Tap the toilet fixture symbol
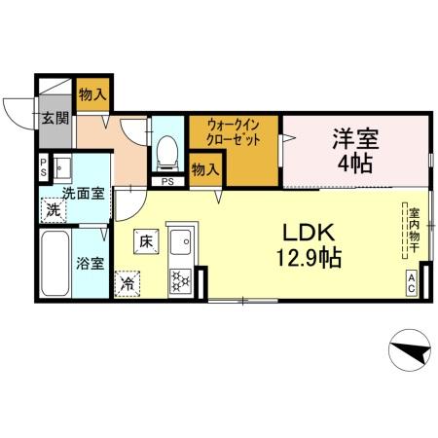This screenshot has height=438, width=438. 166,149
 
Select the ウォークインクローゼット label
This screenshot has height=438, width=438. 234,130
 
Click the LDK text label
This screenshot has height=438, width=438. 310,234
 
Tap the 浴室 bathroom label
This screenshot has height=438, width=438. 91,263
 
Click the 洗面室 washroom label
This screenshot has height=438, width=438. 84,193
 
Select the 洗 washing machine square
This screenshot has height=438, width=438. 54,207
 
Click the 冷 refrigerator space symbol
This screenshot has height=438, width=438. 128,283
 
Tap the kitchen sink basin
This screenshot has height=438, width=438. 181,238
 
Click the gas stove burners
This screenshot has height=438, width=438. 181,280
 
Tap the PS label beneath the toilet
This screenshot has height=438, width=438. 167,181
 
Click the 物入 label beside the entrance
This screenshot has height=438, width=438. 93,95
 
